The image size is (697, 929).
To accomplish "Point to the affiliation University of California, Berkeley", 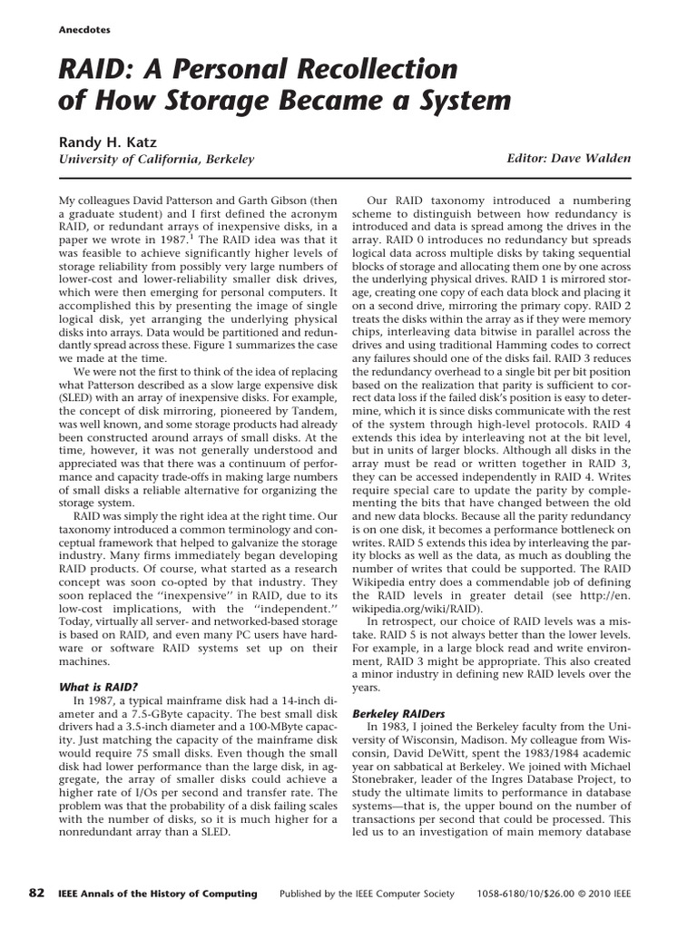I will pos(156,159).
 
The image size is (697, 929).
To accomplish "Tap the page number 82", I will pos(37,893).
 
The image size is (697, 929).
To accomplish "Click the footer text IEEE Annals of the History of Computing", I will pos(156,894).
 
